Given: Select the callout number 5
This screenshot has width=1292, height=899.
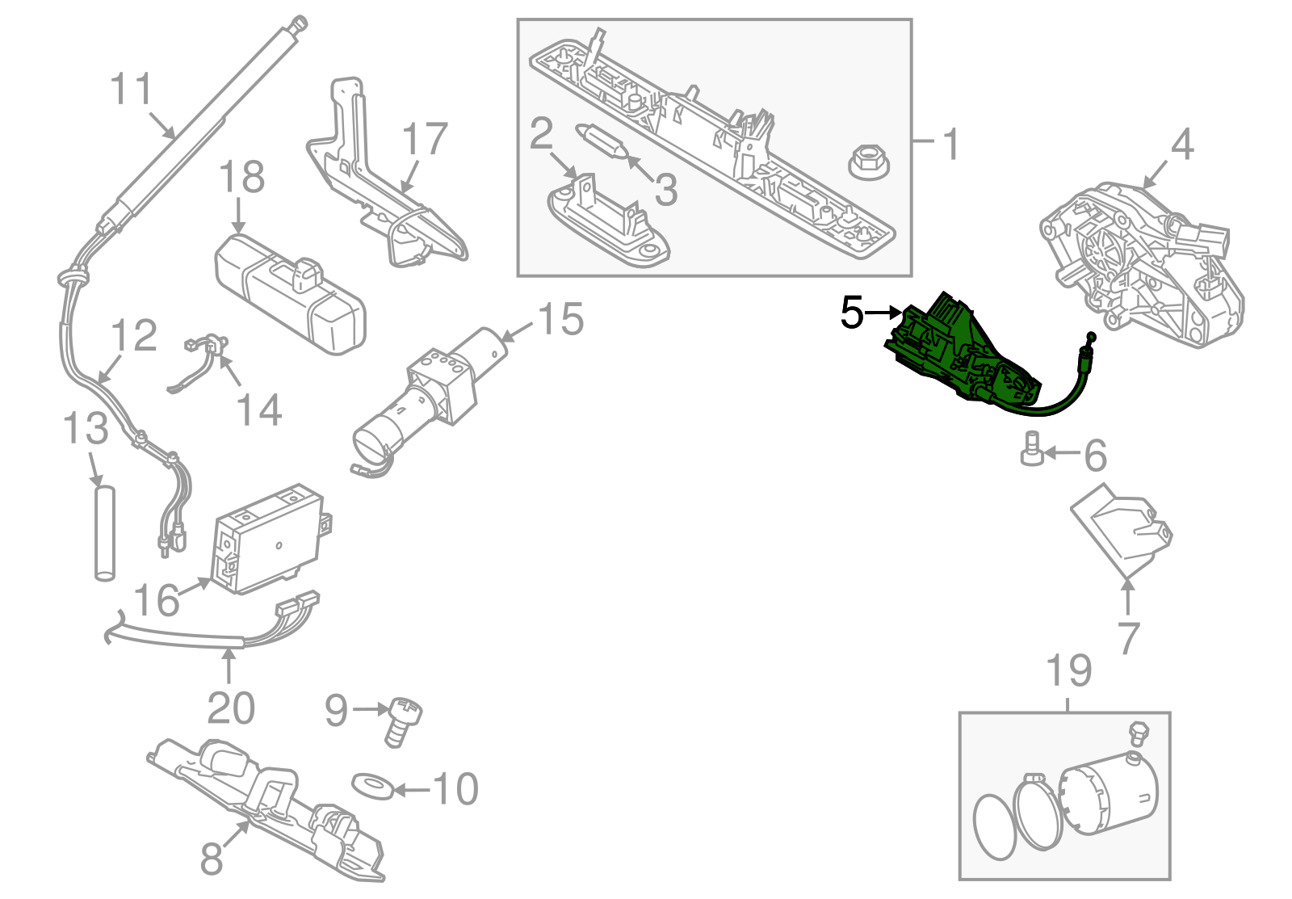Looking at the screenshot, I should [x=852, y=313].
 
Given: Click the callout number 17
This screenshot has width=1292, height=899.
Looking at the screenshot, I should [x=425, y=140].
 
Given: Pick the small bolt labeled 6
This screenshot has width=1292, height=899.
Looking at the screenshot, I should [x=1031, y=449].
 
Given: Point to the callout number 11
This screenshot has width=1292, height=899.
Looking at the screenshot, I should [x=131, y=89].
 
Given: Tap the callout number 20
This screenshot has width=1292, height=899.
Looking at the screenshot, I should [x=231, y=708].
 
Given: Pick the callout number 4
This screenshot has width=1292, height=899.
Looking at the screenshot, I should [x=1181, y=145].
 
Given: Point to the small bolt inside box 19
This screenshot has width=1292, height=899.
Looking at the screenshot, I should [x=1139, y=732].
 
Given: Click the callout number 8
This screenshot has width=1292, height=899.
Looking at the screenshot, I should [x=212, y=859].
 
